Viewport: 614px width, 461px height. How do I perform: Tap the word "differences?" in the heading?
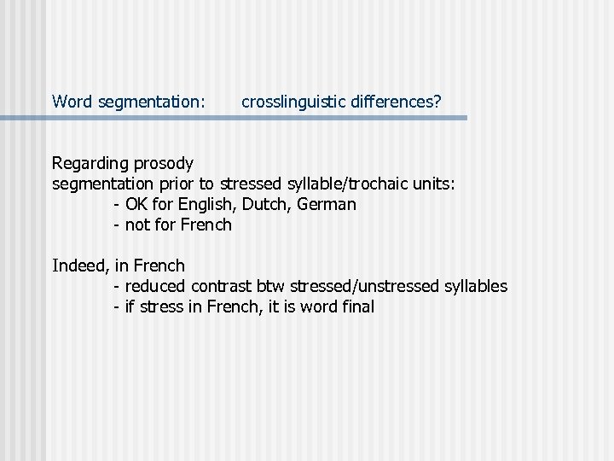390,102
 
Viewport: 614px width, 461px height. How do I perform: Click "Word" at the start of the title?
72,102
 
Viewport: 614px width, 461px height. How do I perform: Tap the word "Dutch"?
267,205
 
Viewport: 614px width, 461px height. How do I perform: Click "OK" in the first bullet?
136,205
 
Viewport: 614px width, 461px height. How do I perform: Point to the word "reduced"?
156,286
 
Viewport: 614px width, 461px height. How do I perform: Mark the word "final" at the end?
356,306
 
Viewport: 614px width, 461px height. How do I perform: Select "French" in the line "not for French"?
206,225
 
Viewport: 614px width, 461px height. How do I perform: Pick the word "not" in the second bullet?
136,225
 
